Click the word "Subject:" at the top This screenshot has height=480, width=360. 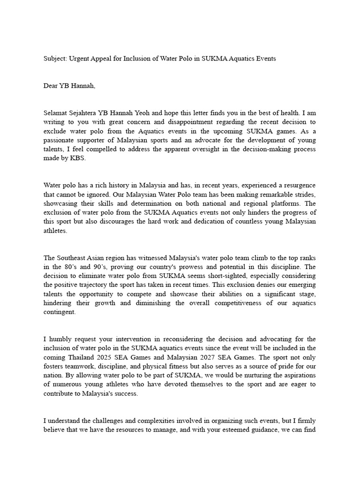(x=55, y=59)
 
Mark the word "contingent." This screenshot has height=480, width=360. (x=60, y=312)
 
